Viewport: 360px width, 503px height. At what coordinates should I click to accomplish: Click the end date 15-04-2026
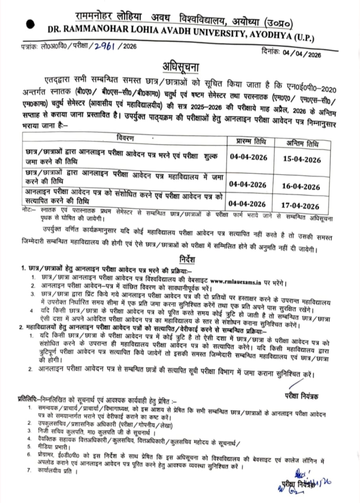click(x=301, y=160)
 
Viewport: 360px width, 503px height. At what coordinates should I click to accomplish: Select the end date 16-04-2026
click(x=301, y=187)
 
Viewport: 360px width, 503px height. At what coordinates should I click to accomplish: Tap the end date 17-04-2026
click(x=301, y=206)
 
